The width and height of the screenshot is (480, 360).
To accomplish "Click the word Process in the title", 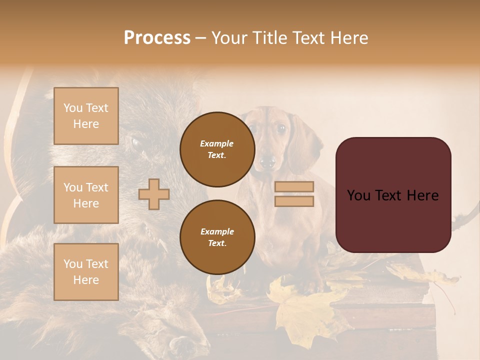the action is (157, 38).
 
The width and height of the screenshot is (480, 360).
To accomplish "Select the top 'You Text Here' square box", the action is (86, 116).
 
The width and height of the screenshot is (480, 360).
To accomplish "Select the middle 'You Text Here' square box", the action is (86, 195).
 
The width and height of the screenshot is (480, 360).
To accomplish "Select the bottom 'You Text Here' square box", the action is (86, 271).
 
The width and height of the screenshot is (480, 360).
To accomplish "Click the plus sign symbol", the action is (154, 194).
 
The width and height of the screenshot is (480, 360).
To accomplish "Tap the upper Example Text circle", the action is (217, 149).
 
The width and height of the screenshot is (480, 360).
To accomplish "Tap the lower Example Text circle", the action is (217, 237).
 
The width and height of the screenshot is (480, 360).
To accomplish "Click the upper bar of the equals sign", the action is (294, 186).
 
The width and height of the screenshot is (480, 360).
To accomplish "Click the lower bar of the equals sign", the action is (294, 201).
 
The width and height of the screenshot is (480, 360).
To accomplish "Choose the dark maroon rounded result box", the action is (393, 194).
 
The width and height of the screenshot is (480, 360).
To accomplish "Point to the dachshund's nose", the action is (267, 161).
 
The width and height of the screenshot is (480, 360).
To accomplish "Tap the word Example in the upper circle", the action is (217, 143).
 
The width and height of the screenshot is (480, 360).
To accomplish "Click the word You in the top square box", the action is (73, 108).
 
